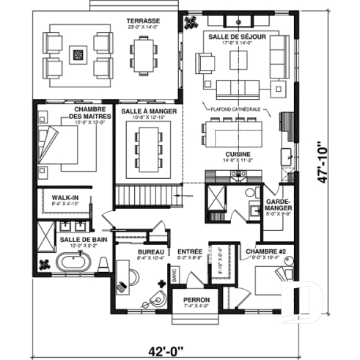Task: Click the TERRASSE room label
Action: tap(142, 21)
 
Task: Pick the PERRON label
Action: tap(196, 300)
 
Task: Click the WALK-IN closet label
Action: tap(60, 198)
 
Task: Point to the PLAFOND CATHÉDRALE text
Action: tap(237, 109)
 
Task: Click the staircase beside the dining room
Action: tap(147, 196)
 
